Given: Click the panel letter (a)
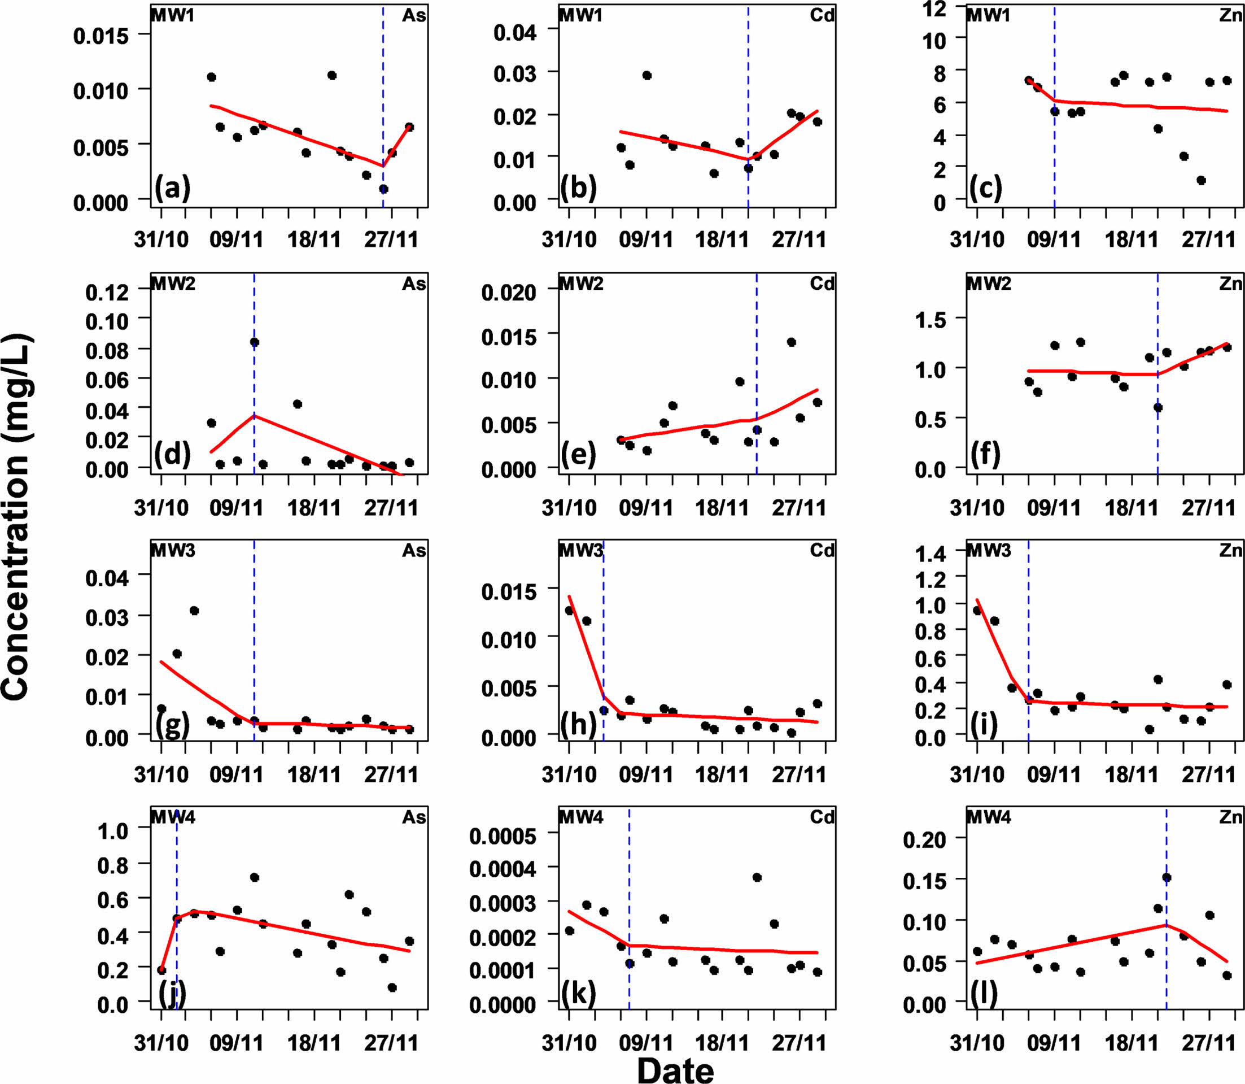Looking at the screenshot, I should [172, 189].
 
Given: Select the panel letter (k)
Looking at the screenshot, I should [578, 993].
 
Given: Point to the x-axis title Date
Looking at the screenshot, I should [675, 1069].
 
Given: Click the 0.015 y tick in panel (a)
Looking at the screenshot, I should [101, 36].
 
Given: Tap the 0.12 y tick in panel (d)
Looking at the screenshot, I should [107, 292].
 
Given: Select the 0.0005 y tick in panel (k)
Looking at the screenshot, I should [503, 836].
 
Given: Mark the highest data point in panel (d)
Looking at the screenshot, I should [255, 342].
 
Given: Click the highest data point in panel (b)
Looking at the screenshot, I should [646, 76].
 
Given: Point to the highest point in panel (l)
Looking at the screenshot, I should [1167, 878].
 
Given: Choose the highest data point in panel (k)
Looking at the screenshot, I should [757, 877].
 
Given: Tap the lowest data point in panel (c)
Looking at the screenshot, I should [1201, 180].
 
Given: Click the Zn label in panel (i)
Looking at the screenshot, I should [1230, 550].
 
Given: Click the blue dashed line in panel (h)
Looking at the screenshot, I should [604, 635].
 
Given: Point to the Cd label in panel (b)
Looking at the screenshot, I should [822, 15].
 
